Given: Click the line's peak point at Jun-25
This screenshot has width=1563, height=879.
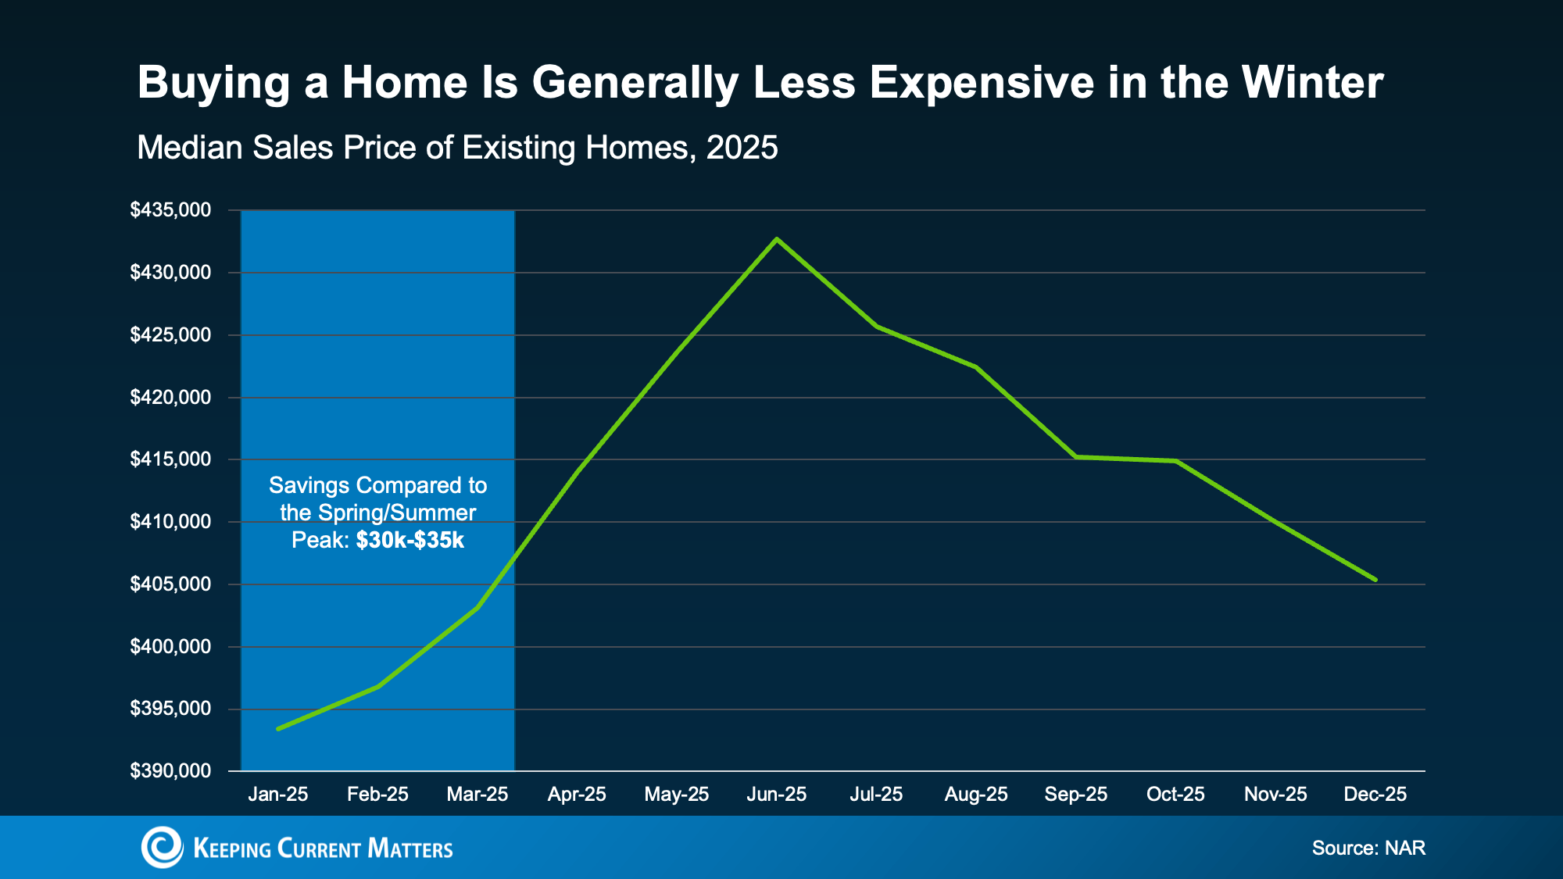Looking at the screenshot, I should pos(776,239).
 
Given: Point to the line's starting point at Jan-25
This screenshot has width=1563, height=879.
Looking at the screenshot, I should pos(278,729).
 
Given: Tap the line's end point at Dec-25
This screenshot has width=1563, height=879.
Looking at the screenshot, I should pos(1375,580).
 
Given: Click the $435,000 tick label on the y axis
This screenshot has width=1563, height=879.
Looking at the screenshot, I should pos(170,210).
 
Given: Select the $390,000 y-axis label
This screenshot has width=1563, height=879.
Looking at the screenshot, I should pos(170,771).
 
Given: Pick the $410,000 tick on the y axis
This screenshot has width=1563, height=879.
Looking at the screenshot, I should pos(170,522).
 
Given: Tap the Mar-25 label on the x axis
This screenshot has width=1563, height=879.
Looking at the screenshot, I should pos(477,795).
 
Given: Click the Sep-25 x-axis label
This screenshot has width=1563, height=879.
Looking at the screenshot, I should pos(1075,795).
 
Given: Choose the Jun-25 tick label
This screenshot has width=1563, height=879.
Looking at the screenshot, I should pos(776,795).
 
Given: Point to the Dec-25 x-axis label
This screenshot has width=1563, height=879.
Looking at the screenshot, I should pos(1375,795).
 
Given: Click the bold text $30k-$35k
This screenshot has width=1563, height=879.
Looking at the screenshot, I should pos(410,540).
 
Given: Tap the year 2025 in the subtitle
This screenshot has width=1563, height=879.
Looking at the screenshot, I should pos(742,148).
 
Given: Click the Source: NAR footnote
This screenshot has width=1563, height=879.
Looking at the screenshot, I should pos(1368,848).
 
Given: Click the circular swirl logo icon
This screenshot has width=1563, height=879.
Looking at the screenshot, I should pos(162,848).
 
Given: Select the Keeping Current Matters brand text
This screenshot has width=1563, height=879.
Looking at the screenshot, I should pos(323,849).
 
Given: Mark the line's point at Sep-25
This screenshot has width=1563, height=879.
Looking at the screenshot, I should pos(1075,456).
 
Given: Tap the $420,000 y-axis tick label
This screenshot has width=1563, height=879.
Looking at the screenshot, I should pos(170,398).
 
